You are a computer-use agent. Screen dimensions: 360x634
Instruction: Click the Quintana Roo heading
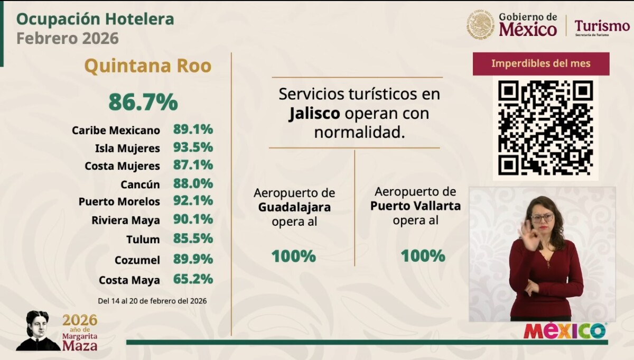tap(147, 66)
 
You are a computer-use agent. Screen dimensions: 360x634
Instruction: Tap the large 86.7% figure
tap(143, 102)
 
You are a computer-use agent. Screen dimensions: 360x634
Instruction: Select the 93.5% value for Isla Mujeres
tap(193, 147)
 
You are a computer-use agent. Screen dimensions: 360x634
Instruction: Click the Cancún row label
tap(140, 184)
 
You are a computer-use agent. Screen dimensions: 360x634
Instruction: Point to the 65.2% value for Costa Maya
tap(193, 279)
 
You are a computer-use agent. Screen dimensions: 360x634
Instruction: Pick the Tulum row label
tap(143, 239)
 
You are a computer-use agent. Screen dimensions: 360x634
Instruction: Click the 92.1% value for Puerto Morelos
tap(193, 201)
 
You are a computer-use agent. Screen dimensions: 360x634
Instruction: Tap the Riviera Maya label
tap(126, 220)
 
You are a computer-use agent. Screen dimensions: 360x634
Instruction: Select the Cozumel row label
tap(137, 260)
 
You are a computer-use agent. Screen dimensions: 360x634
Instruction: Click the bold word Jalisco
tap(314, 114)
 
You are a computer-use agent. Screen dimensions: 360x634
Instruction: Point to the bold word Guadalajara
tap(294, 207)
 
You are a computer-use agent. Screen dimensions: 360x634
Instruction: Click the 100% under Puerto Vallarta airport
tap(423, 256)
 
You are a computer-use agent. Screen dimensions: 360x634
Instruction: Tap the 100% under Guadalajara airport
tap(294, 256)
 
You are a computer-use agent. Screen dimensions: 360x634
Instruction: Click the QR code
tap(545, 128)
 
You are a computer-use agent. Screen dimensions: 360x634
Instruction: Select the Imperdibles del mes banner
tap(540, 64)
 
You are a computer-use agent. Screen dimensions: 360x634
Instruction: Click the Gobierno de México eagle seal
tap(480, 25)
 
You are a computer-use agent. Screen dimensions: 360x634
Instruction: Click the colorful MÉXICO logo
tap(565, 331)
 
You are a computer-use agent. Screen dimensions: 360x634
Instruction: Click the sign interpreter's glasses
tap(543, 217)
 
